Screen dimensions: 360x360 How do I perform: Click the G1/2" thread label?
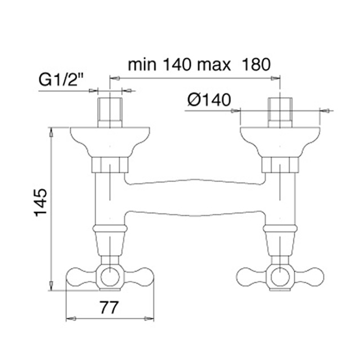click(x=61, y=80)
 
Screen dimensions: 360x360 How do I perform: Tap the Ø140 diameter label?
click(x=209, y=100)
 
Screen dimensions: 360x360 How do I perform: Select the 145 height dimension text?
click(x=41, y=203)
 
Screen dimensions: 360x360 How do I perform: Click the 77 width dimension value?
click(x=109, y=308)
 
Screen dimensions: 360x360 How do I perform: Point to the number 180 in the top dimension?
click(x=256, y=64)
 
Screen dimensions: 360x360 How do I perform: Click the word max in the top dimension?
click(x=214, y=65)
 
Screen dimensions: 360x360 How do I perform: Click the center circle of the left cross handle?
click(x=110, y=277)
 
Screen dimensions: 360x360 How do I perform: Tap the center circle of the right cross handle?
click(x=280, y=277)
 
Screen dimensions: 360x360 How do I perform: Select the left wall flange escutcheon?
click(x=110, y=142)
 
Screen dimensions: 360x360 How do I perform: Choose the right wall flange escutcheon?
click(x=280, y=142)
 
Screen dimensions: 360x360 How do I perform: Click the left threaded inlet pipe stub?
click(x=110, y=112)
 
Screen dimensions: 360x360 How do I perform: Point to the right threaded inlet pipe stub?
click(x=280, y=112)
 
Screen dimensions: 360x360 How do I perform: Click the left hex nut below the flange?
click(x=110, y=165)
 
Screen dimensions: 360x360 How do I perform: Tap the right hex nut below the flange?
click(x=280, y=165)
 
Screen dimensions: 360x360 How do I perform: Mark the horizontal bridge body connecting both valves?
click(x=195, y=197)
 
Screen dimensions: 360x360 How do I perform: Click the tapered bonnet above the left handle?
click(x=110, y=244)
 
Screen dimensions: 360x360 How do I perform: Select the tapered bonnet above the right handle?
click(x=280, y=244)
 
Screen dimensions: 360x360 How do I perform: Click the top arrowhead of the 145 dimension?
click(x=51, y=133)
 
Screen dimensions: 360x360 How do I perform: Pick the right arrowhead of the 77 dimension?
click(x=149, y=319)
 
